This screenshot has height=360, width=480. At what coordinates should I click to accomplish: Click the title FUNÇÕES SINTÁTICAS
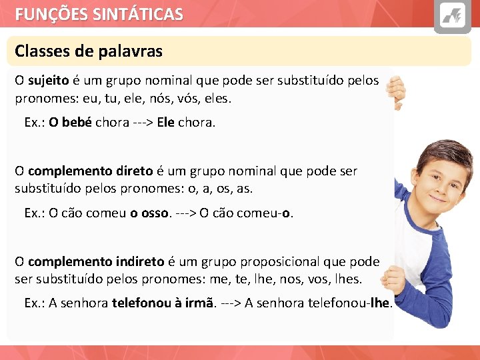coord(99,14)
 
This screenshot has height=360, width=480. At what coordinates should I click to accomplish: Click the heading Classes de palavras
coord(89,51)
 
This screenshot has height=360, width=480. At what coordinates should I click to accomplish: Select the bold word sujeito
coord(49,81)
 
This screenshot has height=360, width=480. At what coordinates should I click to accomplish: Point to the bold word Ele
coord(165,123)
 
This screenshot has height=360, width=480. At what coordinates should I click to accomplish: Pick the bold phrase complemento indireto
coord(96,261)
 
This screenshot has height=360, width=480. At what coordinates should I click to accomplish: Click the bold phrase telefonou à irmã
coord(164,303)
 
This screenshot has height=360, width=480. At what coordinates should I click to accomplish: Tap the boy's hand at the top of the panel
coord(397,90)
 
